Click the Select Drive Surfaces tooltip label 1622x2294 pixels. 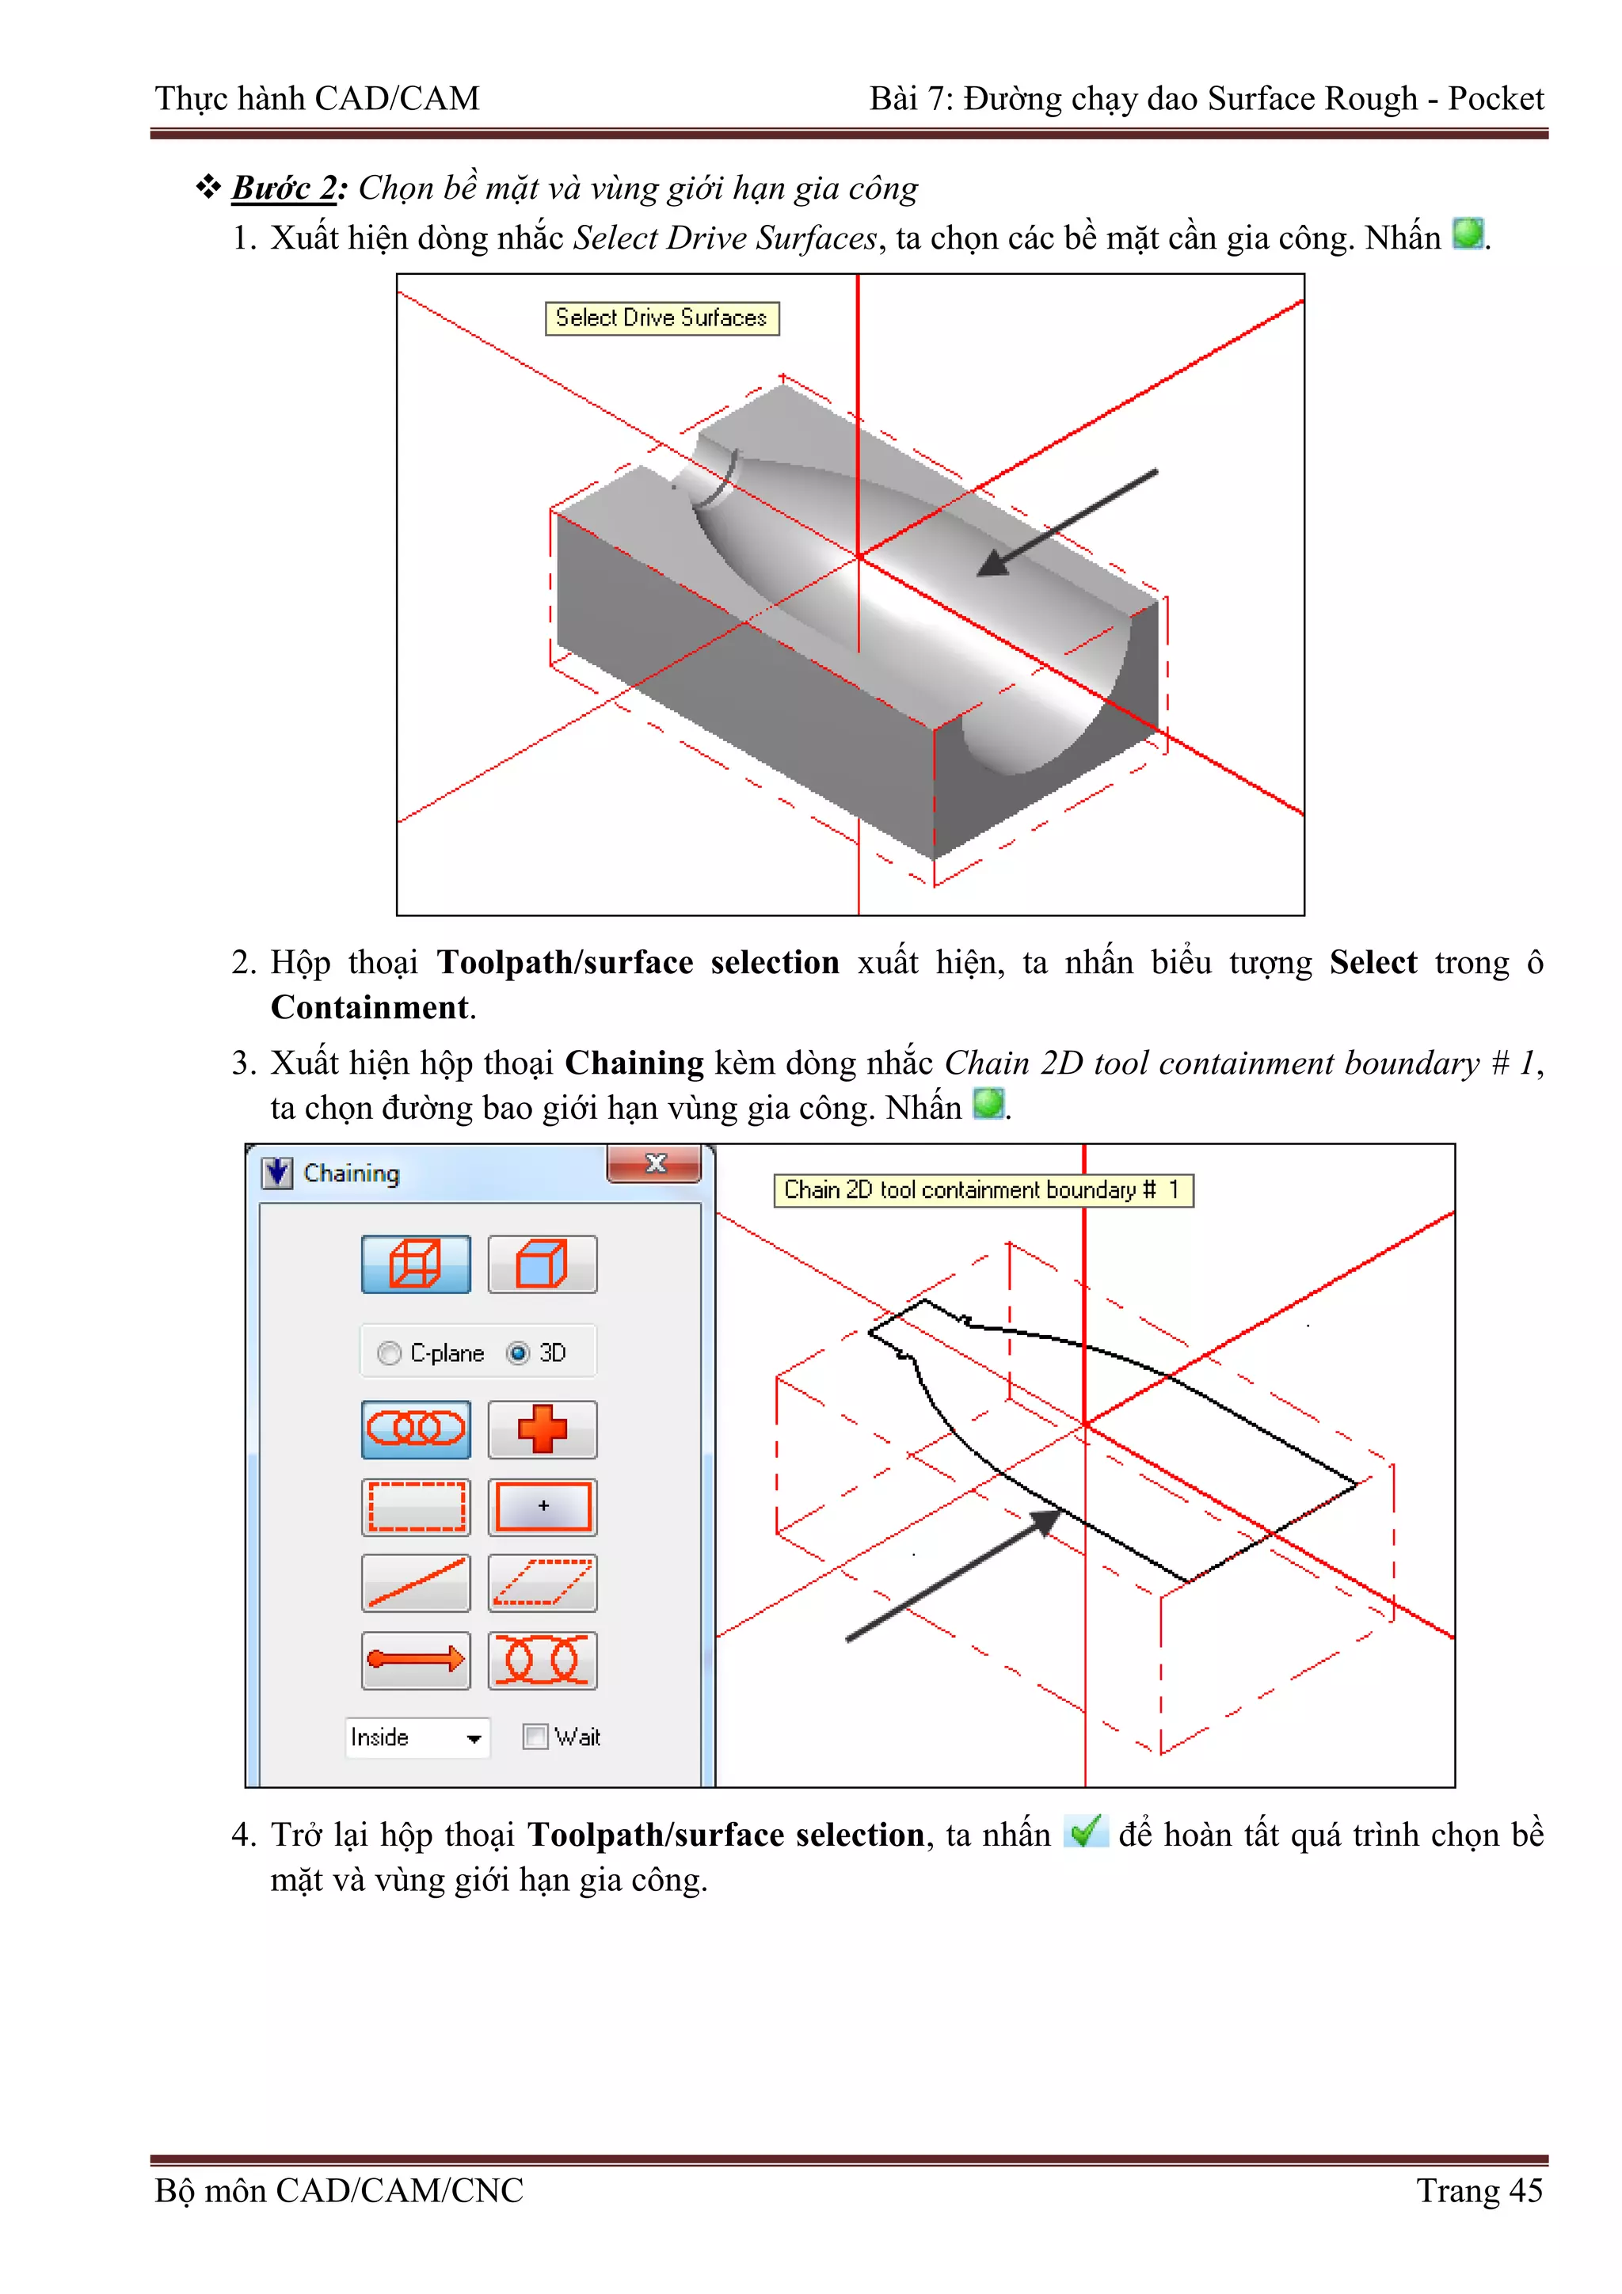click(x=661, y=318)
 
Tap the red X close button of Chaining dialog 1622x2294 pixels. click(x=656, y=1163)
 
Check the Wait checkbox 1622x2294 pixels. click(x=535, y=1737)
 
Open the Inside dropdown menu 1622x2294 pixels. click(x=474, y=1738)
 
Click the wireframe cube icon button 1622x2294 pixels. click(x=416, y=1264)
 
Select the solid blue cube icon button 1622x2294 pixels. click(x=543, y=1264)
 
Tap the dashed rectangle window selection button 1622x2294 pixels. click(x=416, y=1507)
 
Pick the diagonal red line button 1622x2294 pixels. click(x=416, y=1583)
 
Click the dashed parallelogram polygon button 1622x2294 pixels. click(x=543, y=1583)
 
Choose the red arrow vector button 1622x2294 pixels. click(x=416, y=1660)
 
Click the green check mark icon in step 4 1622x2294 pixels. click(x=1085, y=1831)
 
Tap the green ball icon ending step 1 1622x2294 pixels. click(x=1467, y=234)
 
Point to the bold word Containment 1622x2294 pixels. click(x=369, y=1007)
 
